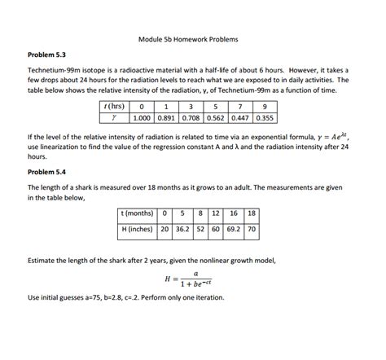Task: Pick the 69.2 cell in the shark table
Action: [x=234, y=229]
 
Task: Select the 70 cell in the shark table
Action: [x=252, y=229]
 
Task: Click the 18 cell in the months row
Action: [x=252, y=213]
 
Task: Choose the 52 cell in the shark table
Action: [x=200, y=229]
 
